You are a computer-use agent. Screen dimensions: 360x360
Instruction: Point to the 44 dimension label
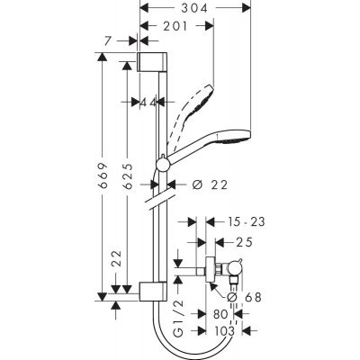point(148,102)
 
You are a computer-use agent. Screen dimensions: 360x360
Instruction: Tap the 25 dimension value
point(241,240)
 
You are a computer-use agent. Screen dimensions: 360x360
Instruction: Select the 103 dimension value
point(217,331)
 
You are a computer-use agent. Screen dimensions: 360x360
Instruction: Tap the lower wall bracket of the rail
point(150,291)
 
